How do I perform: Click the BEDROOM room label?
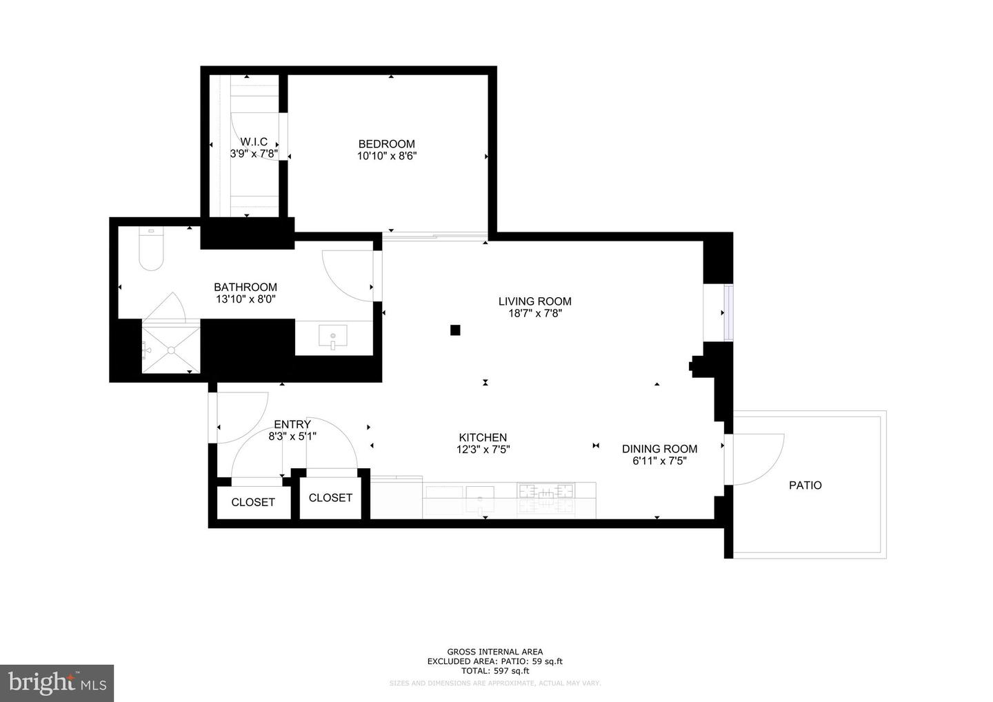[x=386, y=144]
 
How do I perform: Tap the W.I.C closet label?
[x=254, y=142]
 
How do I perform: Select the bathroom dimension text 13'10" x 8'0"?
[x=245, y=299]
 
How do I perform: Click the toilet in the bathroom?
[x=150, y=250]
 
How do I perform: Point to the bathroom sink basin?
[x=334, y=339]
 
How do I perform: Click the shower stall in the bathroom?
[x=170, y=348]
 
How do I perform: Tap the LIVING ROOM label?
[x=534, y=301]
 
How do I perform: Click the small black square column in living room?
[x=455, y=330]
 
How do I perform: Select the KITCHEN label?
[x=483, y=437]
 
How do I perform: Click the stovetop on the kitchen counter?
[x=545, y=492]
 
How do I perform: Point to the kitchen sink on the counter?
[x=480, y=492]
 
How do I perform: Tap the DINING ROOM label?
[x=659, y=449]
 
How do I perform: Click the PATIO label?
[x=805, y=485]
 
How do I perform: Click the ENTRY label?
[x=292, y=424]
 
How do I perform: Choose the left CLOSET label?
[x=253, y=503]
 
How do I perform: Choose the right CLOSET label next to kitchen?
[x=330, y=498]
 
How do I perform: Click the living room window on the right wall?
[x=728, y=313]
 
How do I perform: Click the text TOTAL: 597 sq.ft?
[x=494, y=670]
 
